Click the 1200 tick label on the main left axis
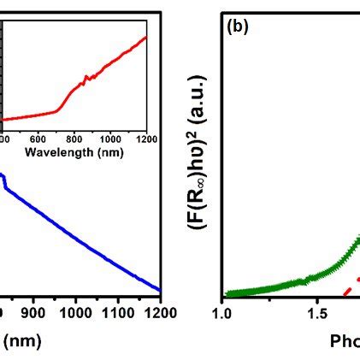point(159,313)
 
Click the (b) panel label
point(237,27)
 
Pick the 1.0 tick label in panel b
point(223,313)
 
